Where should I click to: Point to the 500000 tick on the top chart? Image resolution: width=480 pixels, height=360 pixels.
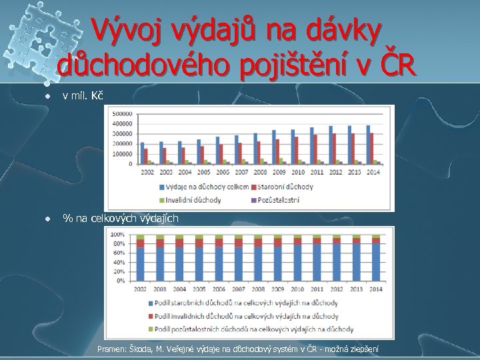[122, 113]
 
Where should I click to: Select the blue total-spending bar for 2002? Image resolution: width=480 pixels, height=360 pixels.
[141, 153]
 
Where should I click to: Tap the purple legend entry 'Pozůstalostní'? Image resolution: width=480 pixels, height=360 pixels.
[276, 199]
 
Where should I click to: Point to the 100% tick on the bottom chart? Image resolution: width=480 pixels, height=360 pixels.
[118, 235]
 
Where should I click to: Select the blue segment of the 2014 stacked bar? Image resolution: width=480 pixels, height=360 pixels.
[375, 264]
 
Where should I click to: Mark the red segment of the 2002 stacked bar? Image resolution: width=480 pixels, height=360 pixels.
[141, 244]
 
